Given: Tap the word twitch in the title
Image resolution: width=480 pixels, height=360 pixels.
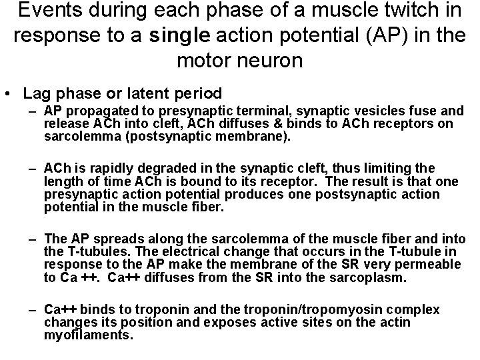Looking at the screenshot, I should (391, 11).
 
